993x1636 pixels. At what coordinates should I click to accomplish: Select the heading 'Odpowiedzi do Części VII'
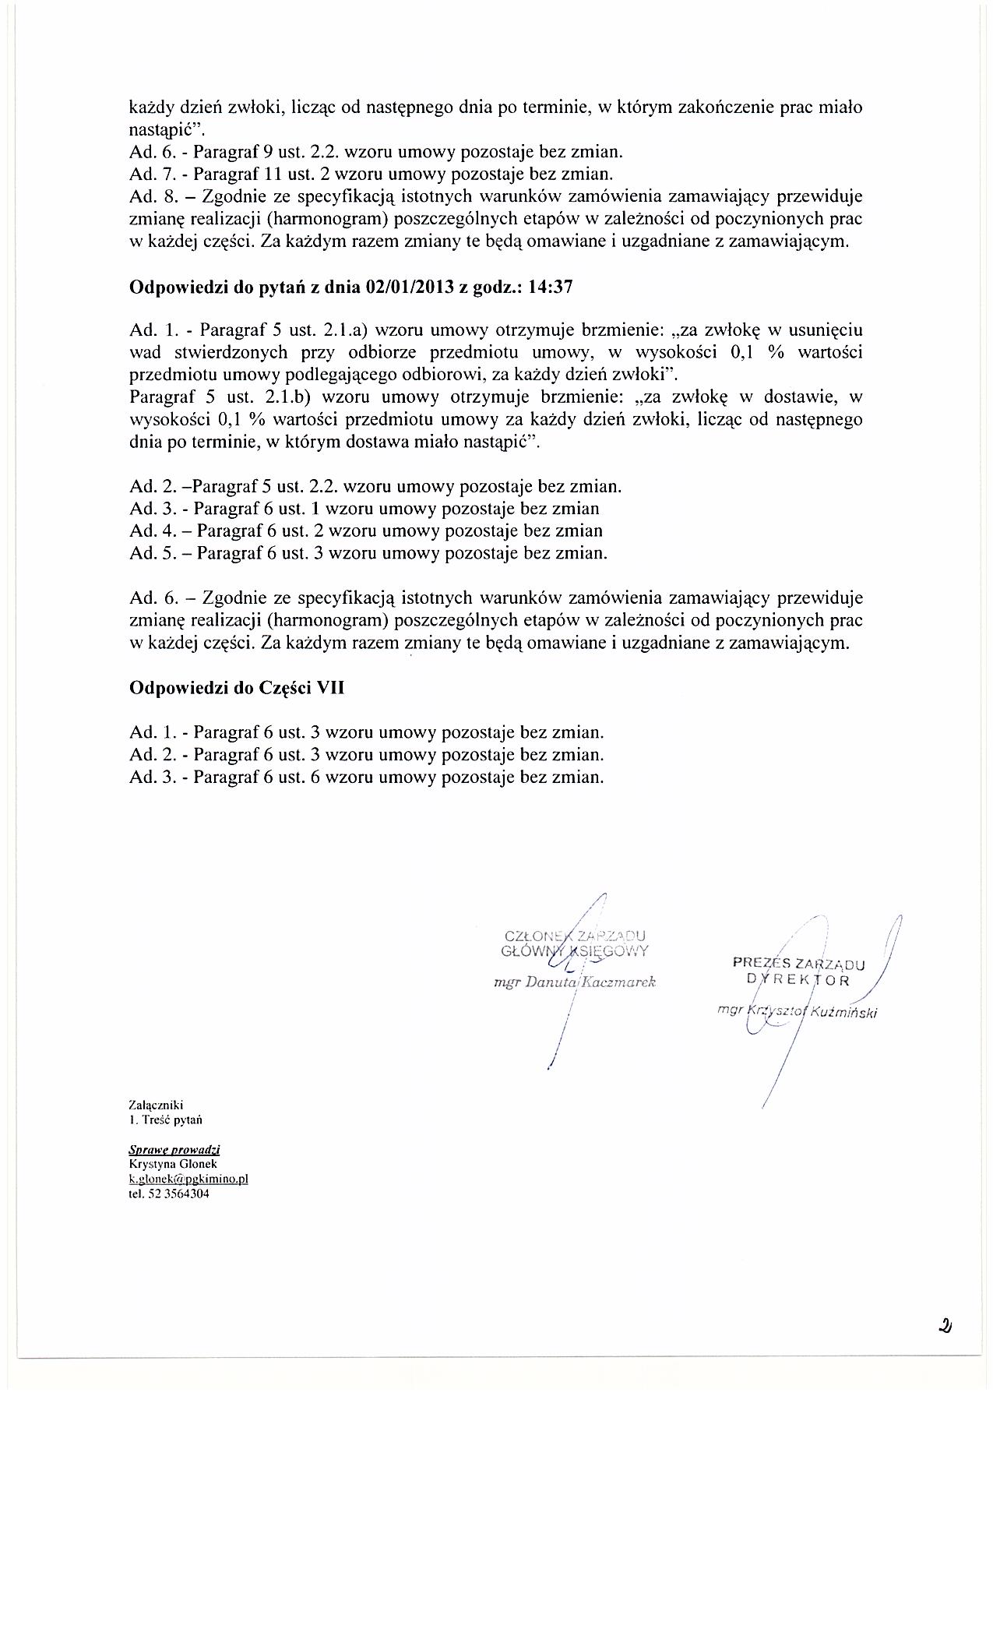tap(237, 688)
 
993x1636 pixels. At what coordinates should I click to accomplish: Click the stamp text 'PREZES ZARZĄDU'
tap(794, 964)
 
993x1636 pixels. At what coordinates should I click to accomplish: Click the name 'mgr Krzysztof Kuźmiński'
tap(798, 1013)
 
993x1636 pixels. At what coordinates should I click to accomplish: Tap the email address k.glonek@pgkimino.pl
tap(188, 1179)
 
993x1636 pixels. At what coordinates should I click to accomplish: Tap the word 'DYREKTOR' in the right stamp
tap(799, 980)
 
